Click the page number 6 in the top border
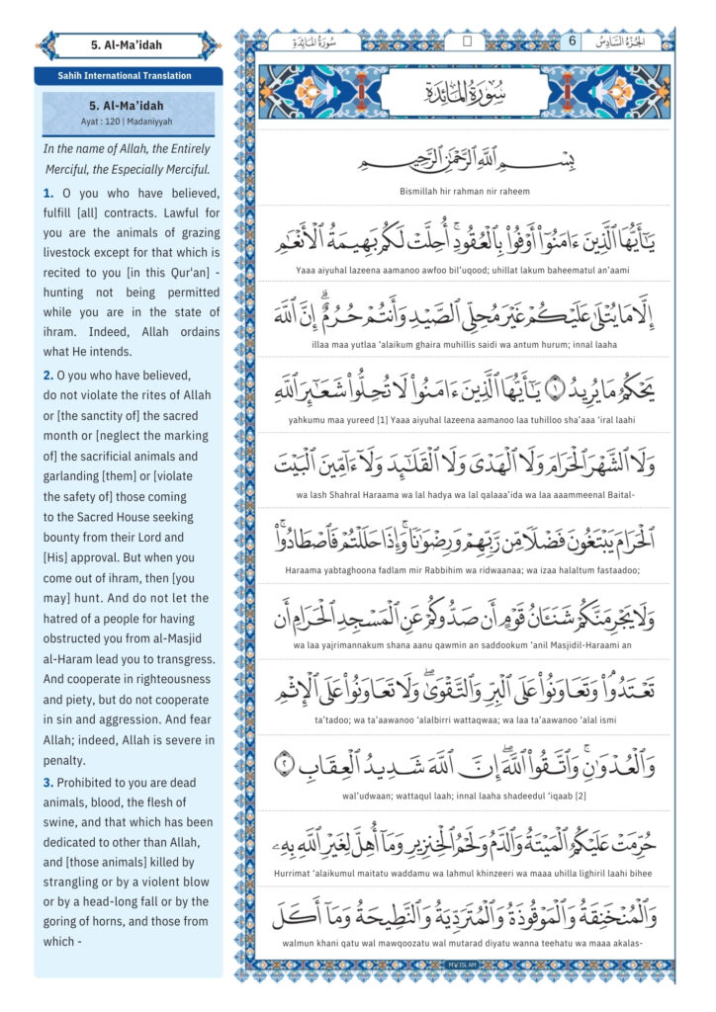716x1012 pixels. tap(572, 42)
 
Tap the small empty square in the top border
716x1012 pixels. tap(468, 42)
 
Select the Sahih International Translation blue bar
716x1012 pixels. tap(128, 75)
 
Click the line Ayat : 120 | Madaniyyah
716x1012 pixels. tap(128, 122)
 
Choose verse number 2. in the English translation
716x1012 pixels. tap(48, 376)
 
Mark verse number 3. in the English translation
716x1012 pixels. tap(48, 783)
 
